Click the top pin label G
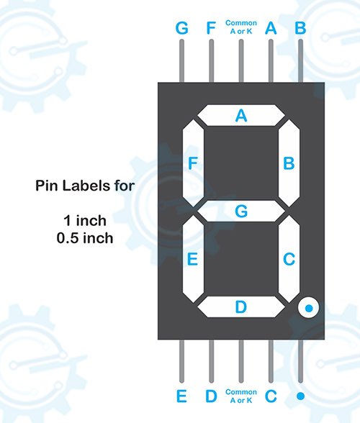181,28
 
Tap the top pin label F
211,28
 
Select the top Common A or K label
241,27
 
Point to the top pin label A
271,28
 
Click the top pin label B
300,28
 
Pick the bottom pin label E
181,396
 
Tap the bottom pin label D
211,396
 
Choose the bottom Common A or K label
241,396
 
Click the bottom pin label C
271,396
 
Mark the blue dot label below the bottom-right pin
300,396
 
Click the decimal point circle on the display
309,308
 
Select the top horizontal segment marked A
241,115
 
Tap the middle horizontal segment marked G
241,211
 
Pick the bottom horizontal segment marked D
241,306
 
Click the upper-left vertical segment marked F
193,163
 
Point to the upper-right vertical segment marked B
289,163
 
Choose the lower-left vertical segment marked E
193,259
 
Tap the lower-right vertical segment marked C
289,259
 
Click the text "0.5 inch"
85,238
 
